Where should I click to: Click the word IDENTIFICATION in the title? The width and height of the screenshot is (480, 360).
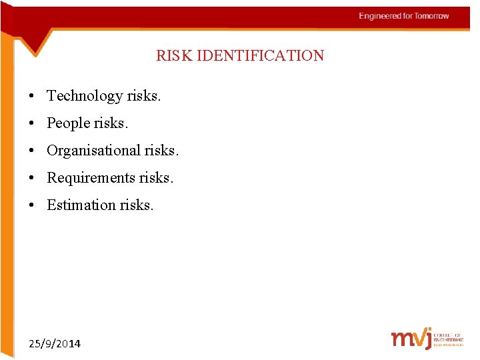pos(258,55)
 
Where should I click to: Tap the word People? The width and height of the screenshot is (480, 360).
pos(69,123)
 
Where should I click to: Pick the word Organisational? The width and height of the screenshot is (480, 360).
pos(93,151)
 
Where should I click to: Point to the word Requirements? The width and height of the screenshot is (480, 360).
pos(91,178)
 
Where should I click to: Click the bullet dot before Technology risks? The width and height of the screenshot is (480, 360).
pos(32,97)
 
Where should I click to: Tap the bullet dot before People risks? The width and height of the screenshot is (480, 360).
pos(32,124)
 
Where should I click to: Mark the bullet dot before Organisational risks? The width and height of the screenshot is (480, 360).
pos(32,151)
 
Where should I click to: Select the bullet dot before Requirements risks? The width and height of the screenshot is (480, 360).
pos(32,179)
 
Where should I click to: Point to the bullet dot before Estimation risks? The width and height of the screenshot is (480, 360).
pos(32,206)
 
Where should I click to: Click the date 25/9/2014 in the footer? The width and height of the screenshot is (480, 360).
pos(55,344)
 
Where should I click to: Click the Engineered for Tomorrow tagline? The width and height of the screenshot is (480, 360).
pos(403,16)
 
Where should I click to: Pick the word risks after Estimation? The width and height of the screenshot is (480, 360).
pos(137,205)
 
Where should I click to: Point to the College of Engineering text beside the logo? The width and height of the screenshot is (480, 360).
pos(448,339)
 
